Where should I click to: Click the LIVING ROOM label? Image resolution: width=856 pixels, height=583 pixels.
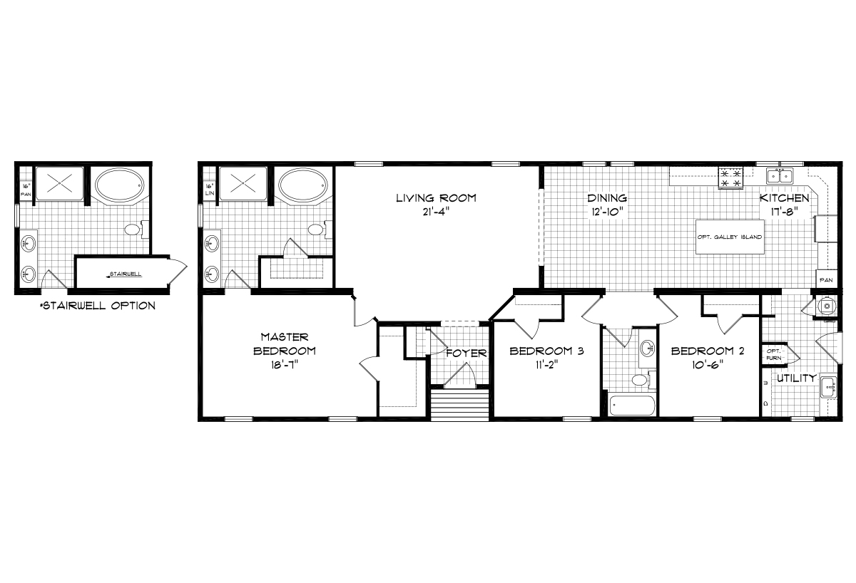pos(436,197)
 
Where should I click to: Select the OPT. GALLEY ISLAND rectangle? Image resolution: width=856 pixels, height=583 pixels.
pos(729,237)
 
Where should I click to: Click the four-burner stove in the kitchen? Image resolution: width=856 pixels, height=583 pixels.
pos(730,177)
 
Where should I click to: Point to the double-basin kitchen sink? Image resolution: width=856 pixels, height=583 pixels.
pos(779,175)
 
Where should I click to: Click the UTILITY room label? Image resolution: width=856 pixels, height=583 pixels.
pos(796,378)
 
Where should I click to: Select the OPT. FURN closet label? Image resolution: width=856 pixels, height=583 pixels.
pos(773,354)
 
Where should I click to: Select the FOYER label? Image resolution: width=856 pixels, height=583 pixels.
pos(466,354)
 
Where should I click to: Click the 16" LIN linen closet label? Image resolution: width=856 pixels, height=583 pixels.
pos(210,190)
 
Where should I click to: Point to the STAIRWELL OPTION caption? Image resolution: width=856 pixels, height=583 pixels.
pos(98,306)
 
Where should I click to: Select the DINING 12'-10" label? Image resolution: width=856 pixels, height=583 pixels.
pos(607,204)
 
